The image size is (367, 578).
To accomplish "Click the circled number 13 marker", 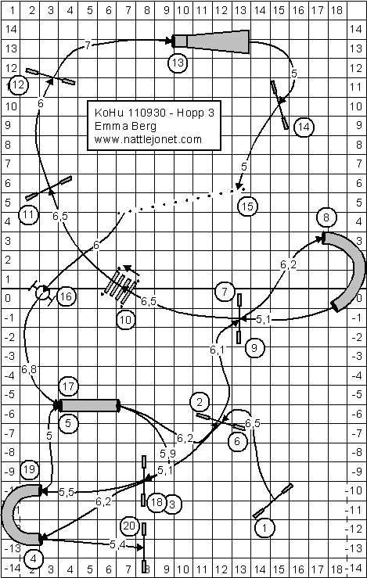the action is tap(178, 63).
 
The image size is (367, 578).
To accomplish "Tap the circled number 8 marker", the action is tap(326, 217).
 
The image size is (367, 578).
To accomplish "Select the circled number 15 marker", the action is tap(247, 206).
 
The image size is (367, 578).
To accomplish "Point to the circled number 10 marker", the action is tap(126, 320).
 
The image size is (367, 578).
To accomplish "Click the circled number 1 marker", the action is tap(264, 528).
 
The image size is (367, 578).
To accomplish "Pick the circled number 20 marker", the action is tap(130, 526).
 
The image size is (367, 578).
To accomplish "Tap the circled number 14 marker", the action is tap(304, 127).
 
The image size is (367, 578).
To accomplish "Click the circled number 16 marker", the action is tap(67, 296).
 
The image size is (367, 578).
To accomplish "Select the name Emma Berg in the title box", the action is tap(125, 126).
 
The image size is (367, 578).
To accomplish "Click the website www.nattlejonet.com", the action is tap(148, 140).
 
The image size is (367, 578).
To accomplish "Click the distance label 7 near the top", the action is tap(88, 45).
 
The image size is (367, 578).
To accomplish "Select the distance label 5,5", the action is tap(66, 492).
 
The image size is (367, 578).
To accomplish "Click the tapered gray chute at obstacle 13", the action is tap(211, 41).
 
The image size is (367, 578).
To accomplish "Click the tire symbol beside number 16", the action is tap(42, 293).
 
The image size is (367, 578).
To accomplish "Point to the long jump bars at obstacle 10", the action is tap(121, 285).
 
